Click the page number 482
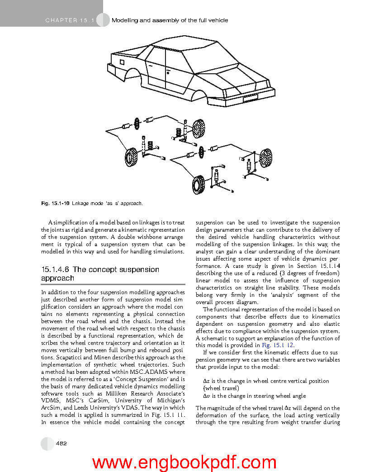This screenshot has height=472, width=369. tap(61, 443)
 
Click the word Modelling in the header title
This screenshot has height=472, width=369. tap(125, 20)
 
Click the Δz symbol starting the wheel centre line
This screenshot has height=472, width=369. tap(206, 381)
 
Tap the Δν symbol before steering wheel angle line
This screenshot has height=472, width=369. tap(207, 396)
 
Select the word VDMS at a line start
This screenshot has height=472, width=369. tap(49, 400)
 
